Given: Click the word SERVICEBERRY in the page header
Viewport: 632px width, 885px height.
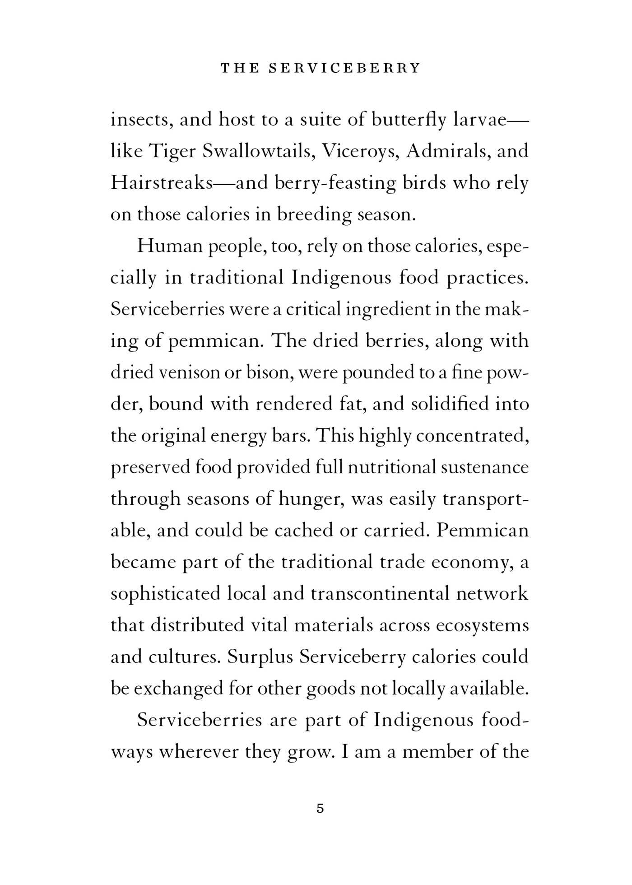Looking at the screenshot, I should pyautogui.click(x=344, y=68).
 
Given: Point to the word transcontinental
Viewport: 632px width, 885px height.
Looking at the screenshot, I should pyautogui.click(x=380, y=594).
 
